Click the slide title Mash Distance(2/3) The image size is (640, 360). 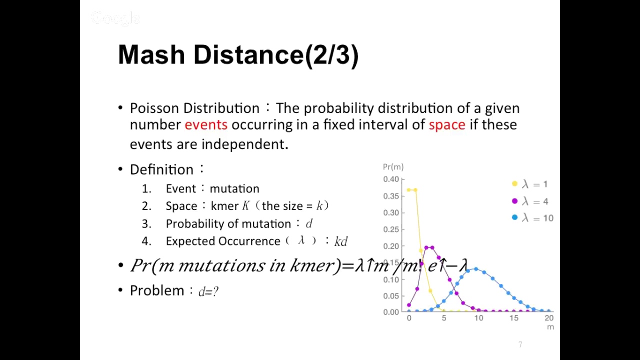(x=238, y=54)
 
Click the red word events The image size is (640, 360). (x=205, y=124)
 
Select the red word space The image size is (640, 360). (x=446, y=124)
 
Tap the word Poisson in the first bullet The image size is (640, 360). (x=154, y=108)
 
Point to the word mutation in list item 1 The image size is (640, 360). (x=234, y=188)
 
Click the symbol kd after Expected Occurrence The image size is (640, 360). (x=340, y=241)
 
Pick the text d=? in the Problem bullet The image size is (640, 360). (x=208, y=291)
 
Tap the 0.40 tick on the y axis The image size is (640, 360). (x=391, y=179)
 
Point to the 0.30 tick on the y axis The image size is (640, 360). (x=391, y=212)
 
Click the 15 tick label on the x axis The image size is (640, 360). (x=514, y=318)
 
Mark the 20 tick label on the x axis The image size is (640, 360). (x=549, y=318)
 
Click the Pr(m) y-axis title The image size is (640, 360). (x=393, y=167)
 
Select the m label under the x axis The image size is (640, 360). (x=550, y=327)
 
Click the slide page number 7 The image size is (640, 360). (x=520, y=344)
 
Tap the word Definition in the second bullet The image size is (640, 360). (x=161, y=169)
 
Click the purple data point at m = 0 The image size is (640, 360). (x=409, y=305)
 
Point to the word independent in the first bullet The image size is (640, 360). (x=244, y=144)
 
